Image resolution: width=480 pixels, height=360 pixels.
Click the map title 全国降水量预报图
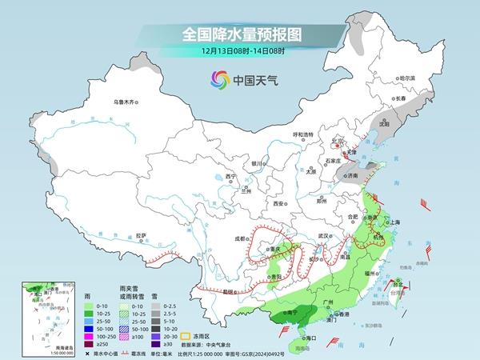pyautogui.click(x=239, y=35)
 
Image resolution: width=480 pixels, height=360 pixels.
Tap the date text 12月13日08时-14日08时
pyautogui.click(x=239, y=52)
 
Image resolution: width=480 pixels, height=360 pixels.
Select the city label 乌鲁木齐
pyautogui.click(x=126, y=102)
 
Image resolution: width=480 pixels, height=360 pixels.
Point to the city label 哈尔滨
pyautogui.click(x=407, y=78)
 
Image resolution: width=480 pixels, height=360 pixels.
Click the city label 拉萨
pyautogui.click(x=141, y=235)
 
